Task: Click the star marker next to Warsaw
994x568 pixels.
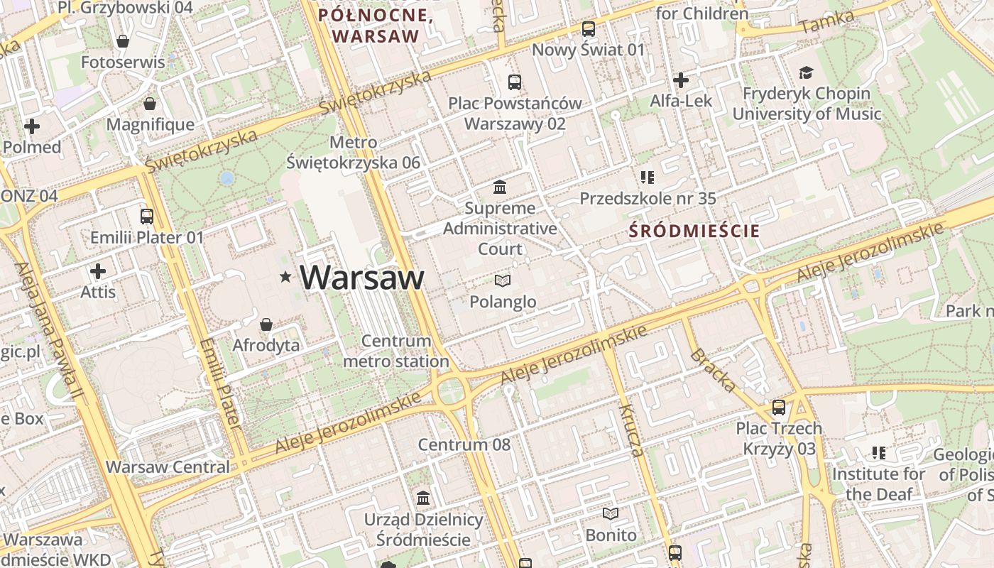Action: pyautogui.click(x=285, y=277)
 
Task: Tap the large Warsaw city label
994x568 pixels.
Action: pyautogui.click(x=362, y=277)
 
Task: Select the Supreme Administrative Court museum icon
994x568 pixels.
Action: pyautogui.click(x=500, y=187)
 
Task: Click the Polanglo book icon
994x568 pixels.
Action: pyautogui.click(x=503, y=281)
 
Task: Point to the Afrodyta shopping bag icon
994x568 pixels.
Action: pyautogui.click(x=266, y=324)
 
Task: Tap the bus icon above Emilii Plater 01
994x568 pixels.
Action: pyautogui.click(x=147, y=216)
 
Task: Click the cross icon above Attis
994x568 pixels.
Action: pyautogui.click(x=98, y=271)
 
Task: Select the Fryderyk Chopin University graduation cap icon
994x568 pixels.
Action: pyautogui.click(x=806, y=72)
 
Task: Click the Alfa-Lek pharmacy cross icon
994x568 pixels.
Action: pyautogui.click(x=681, y=80)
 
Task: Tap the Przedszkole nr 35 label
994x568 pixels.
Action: pyautogui.click(x=648, y=198)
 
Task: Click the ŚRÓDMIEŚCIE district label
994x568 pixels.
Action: pyautogui.click(x=694, y=231)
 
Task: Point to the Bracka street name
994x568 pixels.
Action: pyautogui.click(x=713, y=370)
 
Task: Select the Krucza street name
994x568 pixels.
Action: pyautogui.click(x=630, y=430)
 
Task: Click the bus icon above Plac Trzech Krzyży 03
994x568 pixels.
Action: pyautogui.click(x=779, y=408)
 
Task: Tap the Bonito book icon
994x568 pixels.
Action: pyautogui.click(x=611, y=513)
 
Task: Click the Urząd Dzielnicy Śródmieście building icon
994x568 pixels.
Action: pyautogui.click(x=424, y=498)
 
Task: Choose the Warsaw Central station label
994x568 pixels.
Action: pyautogui.click(x=168, y=467)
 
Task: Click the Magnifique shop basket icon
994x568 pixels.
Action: pyautogui.click(x=150, y=104)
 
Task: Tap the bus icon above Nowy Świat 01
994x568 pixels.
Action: pyautogui.click(x=588, y=29)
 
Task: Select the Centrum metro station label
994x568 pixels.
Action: pyautogui.click(x=396, y=351)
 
